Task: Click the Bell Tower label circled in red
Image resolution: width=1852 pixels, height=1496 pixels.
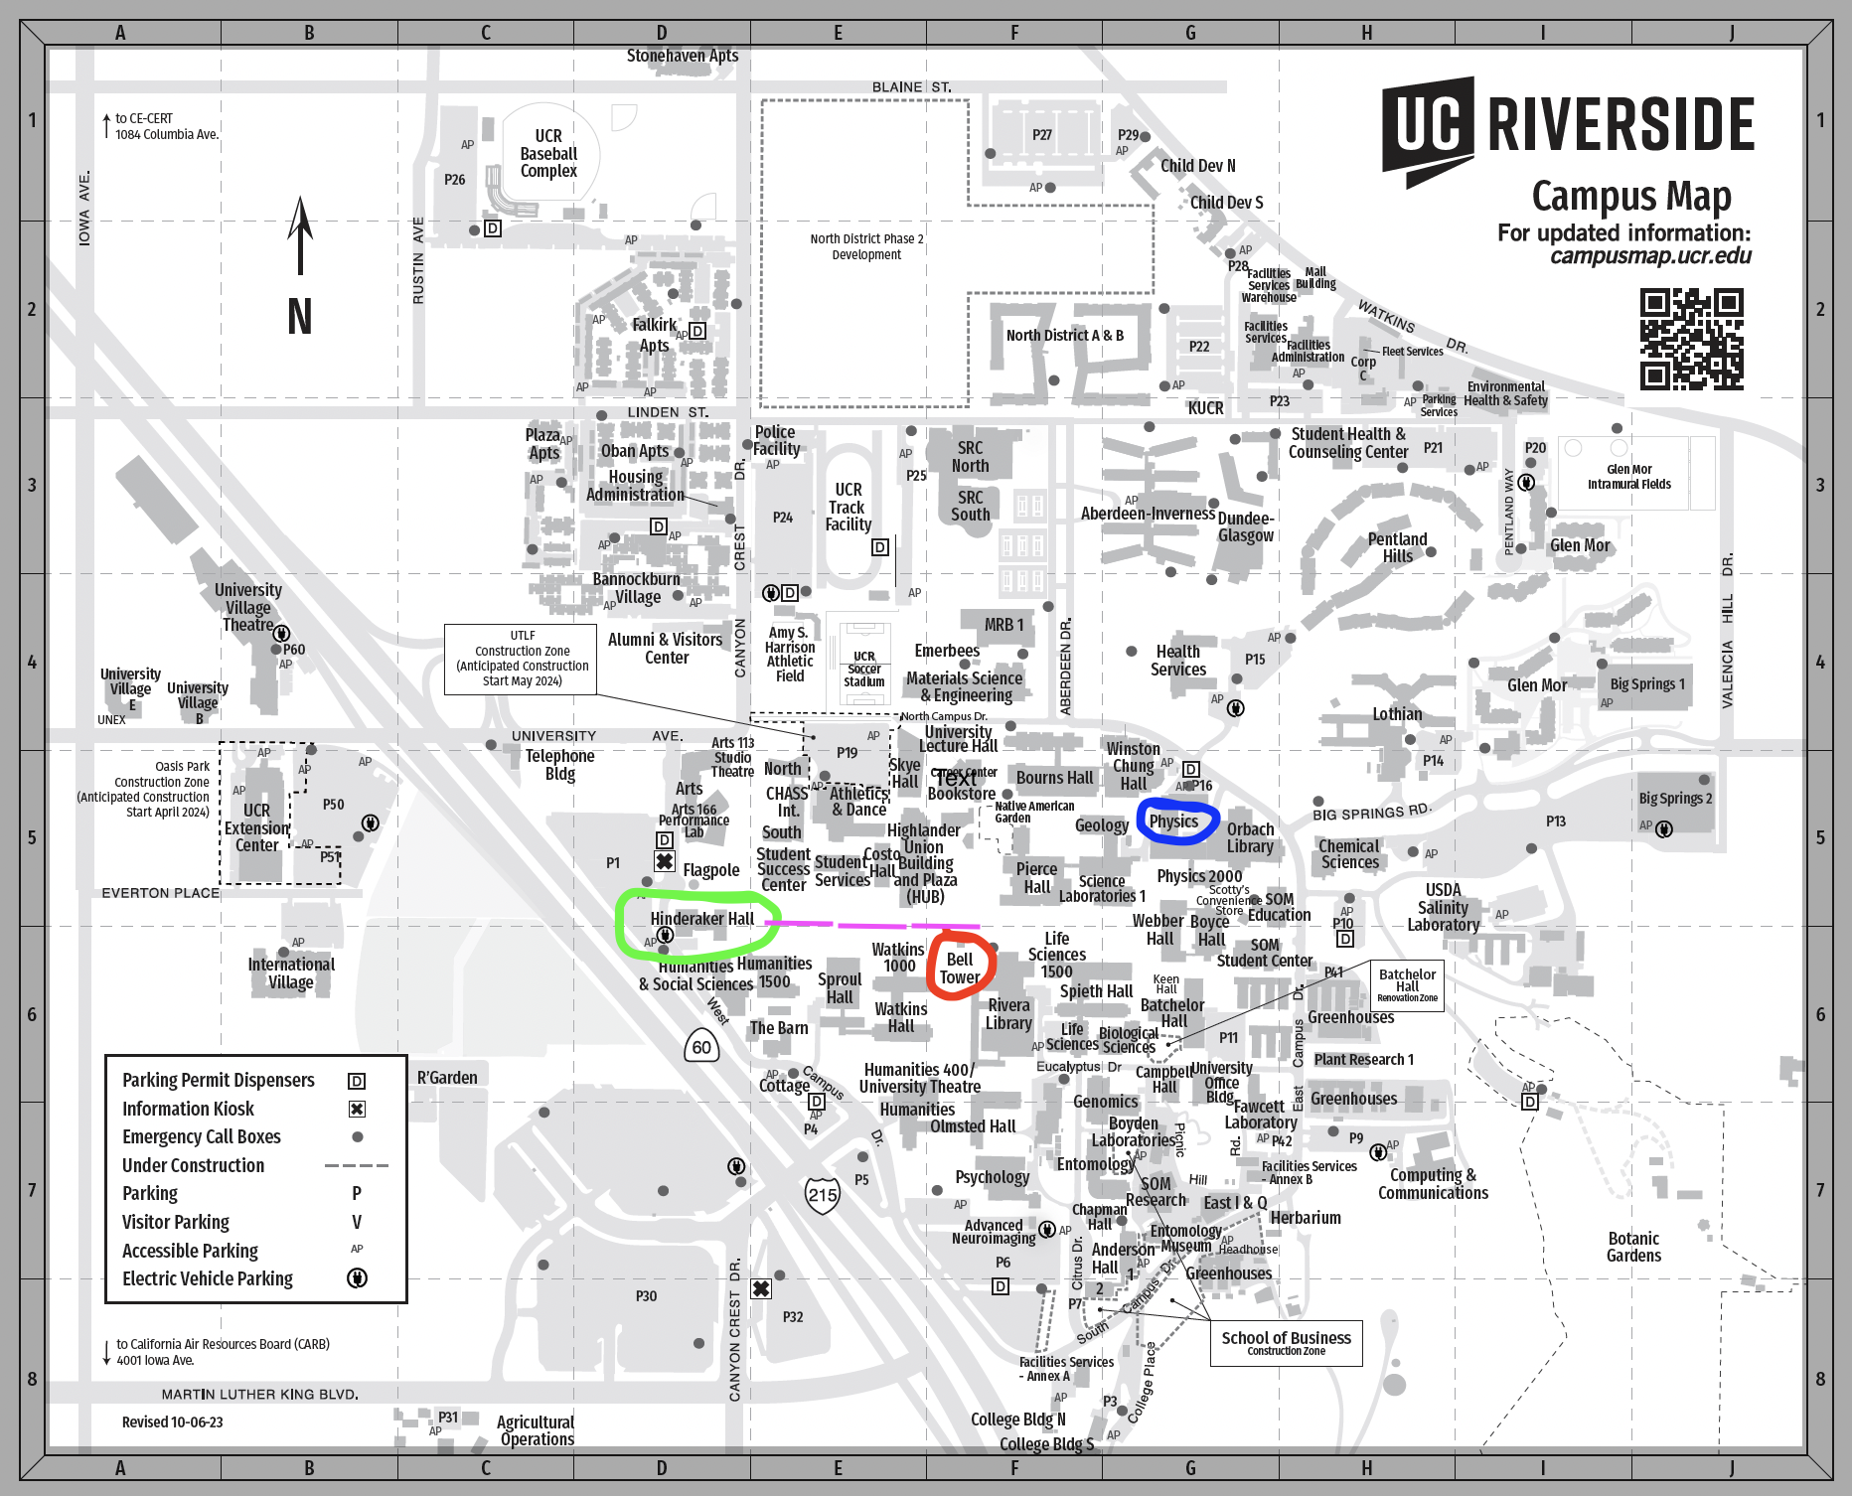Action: pos(960,969)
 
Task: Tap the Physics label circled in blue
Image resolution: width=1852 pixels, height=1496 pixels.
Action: pos(1174,822)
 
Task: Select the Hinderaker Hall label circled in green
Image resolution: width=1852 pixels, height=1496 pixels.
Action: pos(701,919)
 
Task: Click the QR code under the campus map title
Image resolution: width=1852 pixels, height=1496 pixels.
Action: pos(1691,339)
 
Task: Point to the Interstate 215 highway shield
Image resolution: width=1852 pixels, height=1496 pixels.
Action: pos(823,1195)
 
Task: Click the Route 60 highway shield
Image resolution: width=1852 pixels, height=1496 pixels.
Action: pos(701,1047)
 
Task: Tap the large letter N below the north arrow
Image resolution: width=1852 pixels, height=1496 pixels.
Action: pos(300,317)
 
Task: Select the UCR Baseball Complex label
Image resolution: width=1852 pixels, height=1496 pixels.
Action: pos(548,153)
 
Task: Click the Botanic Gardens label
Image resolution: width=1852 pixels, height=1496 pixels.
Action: pos(1633,1247)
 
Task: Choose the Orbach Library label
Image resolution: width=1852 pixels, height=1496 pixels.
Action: pos(1250,837)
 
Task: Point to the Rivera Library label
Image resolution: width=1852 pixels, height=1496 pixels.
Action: pos(1008,1014)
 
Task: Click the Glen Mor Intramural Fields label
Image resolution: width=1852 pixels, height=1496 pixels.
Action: pos(1628,477)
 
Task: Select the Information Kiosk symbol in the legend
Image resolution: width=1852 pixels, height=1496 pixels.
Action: pos(357,1109)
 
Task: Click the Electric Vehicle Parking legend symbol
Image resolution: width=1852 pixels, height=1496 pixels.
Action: pos(357,1278)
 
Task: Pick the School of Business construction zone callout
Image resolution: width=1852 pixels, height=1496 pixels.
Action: pos(1286,1342)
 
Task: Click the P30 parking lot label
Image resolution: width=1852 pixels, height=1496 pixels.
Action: pos(646,1296)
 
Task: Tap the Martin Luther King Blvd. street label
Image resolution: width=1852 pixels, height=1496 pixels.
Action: pos(259,1395)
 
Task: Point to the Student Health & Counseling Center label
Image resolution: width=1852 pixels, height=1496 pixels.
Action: pos(1347,443)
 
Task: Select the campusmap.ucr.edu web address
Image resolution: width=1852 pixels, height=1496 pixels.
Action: pos(1650,256)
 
